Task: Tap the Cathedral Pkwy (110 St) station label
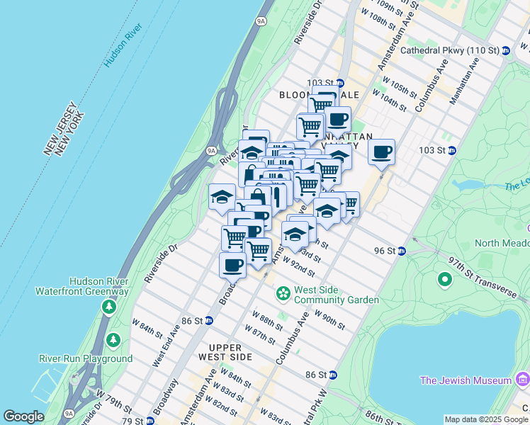(x=449, y=51)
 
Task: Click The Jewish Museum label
(x=466, y=380)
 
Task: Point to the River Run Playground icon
(x=113, y=341)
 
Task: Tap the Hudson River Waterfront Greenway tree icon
(x=108, y=307)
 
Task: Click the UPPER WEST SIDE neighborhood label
(x=225, y=352)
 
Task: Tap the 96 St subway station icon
(x=401, y=251)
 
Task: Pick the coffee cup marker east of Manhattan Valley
(x=381, y=152)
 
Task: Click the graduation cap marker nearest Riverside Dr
(x=222, y=196)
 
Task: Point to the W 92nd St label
(x=298, y=267)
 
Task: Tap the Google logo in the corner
(x=23, y=416)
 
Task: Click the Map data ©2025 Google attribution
(x=486, y=419)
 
